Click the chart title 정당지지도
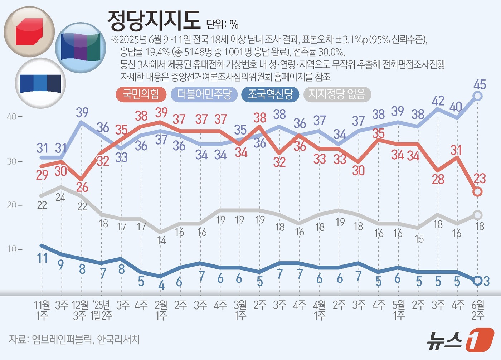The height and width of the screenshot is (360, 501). [x=154, y=20]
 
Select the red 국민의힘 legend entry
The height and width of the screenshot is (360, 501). [x=141, y=94]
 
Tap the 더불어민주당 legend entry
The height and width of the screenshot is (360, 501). [x=204, y=94]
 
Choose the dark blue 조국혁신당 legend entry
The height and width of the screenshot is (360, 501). [x=270, y=94]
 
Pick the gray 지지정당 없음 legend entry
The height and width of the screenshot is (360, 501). [x=337, y=94]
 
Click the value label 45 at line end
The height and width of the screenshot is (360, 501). [x=480, y=84]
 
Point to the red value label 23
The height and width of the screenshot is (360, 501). [x=480, y=178]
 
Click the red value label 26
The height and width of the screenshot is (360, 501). [x=82, y=187]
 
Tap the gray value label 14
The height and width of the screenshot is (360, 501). [x=161, y=240]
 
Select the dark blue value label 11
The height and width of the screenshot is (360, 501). [x=42, y=258]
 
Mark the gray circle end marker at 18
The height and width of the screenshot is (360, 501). [x=477, y=215]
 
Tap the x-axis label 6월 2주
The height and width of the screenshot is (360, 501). [x=478, y=310]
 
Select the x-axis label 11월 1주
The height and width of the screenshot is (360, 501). [x=42, y=310]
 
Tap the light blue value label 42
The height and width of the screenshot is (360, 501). [x=438, y=101]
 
